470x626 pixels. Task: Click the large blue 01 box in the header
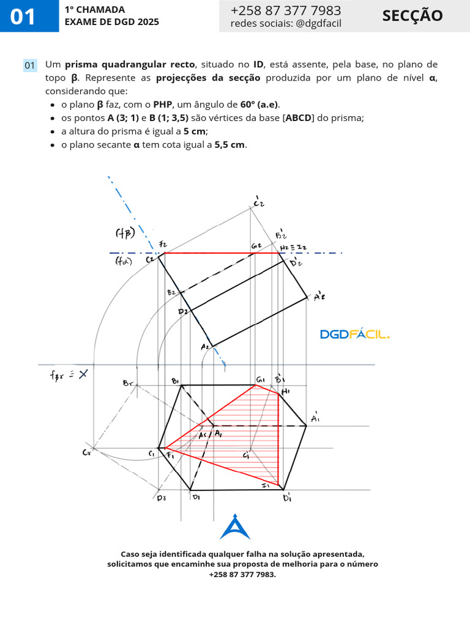coord(23,17)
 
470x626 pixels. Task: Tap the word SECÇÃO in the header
coord(412,16)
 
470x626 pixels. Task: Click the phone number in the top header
coord(286,10)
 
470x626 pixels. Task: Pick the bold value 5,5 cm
coord(231,144)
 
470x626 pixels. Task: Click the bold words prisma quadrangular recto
coord(130,64)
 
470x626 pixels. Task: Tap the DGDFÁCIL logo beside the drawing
coord(355,334)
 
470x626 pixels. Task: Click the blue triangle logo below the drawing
coord(235,527)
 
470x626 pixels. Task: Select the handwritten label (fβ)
coord(125,233)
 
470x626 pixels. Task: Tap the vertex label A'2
coord(318,297)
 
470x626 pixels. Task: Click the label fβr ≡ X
coord(69,374)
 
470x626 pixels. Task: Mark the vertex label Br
coord(128,383)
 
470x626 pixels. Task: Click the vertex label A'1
coord(315,418)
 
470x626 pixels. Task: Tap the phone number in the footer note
coord(242,575)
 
